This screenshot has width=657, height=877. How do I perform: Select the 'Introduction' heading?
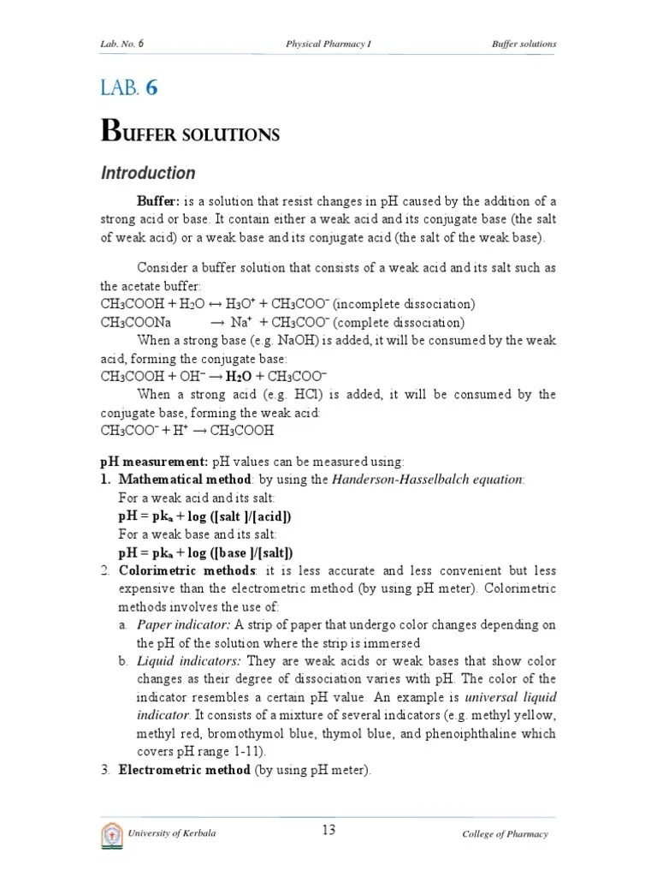click(148, 173)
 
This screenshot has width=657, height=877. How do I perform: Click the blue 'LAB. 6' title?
click(129, 88)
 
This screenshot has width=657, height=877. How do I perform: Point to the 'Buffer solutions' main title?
click(190, 132)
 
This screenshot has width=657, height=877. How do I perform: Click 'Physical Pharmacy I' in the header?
click(328, 44)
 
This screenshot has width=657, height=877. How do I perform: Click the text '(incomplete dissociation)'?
click(404, 304)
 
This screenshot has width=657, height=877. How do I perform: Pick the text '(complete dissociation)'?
click(399, 323)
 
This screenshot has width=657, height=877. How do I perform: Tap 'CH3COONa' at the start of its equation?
click(136, 323)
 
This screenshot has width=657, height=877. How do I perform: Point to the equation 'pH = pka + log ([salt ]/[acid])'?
click(204, 516)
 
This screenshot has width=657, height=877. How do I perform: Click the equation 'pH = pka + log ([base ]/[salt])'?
click(205, 552)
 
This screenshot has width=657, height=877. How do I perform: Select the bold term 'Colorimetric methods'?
click(186, 570)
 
